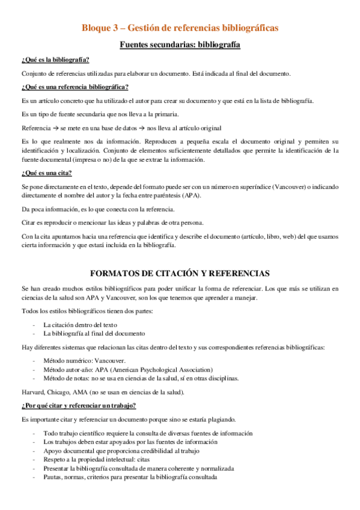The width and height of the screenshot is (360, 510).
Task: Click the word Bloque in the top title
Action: tap(97, 28)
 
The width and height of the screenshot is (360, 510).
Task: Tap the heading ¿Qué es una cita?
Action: tap(46, 173)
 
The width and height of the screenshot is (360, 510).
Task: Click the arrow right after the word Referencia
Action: tap(54, 127)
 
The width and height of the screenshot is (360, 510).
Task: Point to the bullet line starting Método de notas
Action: tap(140, 378)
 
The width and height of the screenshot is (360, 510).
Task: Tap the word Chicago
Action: tap(63, 392)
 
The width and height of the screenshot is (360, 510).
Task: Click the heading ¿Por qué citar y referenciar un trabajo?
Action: tap(78, 405)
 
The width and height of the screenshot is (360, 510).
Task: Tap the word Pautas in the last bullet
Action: tap(53, 477)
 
